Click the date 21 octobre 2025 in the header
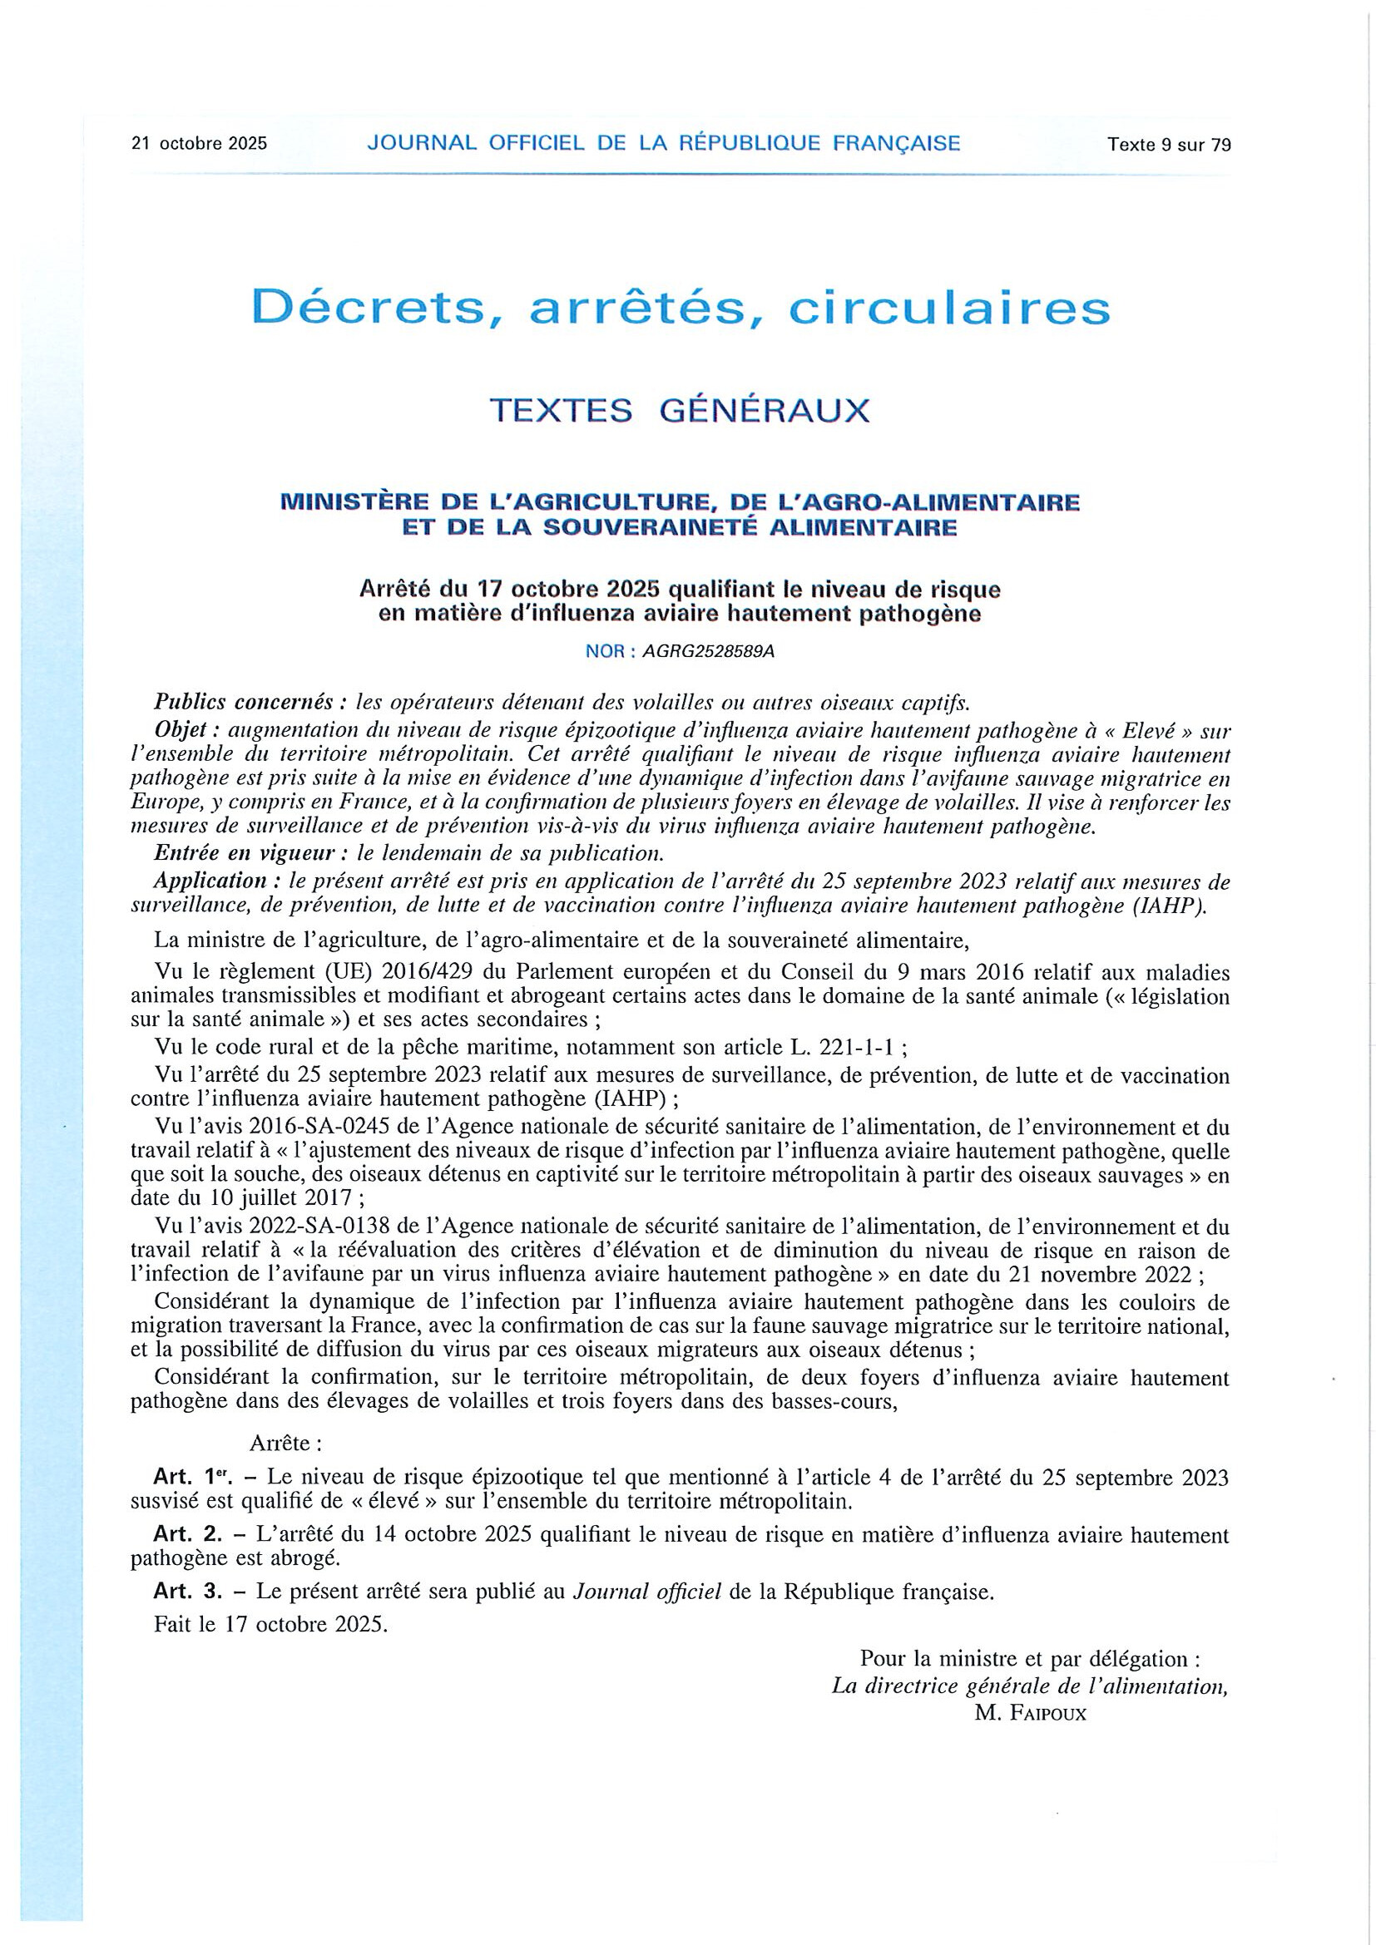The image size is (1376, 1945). coord(199,144)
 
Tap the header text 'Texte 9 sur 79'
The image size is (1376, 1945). coord(1168,145)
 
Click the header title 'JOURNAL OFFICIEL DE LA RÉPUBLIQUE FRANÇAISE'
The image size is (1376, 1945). coord(663,143)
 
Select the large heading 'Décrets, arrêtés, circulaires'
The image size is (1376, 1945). coord(681,308)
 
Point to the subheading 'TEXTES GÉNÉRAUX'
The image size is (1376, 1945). coord(681,411)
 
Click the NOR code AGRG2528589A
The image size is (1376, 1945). coord(708,651)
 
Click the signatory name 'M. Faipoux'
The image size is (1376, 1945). coord(1029,1713)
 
